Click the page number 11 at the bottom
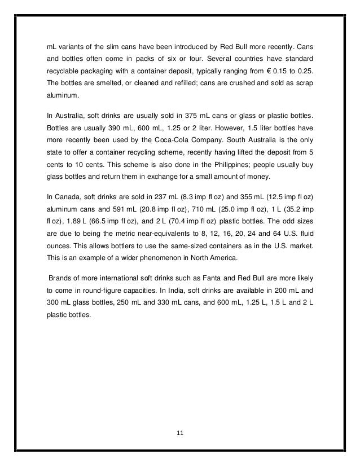[x=179, y=433]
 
